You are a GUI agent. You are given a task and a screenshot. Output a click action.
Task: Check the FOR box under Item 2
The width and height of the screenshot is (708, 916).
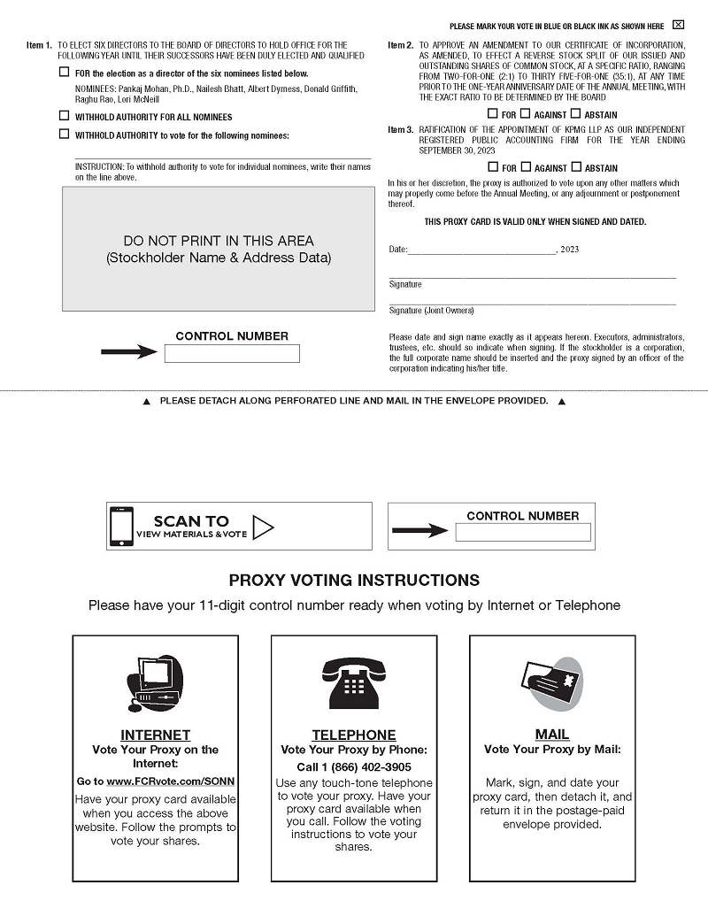tap(492, 113)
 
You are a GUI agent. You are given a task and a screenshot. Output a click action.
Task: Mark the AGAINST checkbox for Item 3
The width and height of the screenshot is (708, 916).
tap(526, 166)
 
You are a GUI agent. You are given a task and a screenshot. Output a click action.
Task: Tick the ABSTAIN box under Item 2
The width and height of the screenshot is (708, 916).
tap(576, 113)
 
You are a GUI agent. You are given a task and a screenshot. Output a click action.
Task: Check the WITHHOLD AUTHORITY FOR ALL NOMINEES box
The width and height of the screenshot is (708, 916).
tap(64, 116)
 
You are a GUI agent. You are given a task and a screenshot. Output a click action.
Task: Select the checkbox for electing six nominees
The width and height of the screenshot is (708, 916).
tap(64, 73)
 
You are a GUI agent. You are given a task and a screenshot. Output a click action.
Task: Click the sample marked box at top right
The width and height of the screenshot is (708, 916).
tap(678, 25)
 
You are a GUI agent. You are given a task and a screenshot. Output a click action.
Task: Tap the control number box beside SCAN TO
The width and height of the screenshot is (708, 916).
tap(523, 532)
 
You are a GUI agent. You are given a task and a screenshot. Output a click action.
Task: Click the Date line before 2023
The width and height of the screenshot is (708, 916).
tap(481, 250)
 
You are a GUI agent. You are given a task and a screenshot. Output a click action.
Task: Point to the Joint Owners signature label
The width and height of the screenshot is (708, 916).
tap(431, 311)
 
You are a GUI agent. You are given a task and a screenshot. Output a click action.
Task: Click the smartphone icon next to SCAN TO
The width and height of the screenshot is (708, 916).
tap(121, 526)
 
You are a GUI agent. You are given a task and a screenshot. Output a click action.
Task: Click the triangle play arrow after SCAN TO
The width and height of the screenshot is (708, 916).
tap(263, 527)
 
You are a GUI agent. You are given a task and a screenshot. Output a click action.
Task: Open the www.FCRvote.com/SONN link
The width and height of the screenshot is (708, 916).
tap(170, 782)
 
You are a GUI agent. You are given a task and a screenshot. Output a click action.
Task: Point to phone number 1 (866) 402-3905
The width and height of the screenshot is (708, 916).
tap(354, 767)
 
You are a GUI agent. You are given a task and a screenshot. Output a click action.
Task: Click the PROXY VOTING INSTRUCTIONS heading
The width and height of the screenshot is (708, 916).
tap(354, 581)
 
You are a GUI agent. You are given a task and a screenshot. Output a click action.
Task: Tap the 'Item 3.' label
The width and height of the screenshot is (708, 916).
tap(401, 130)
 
